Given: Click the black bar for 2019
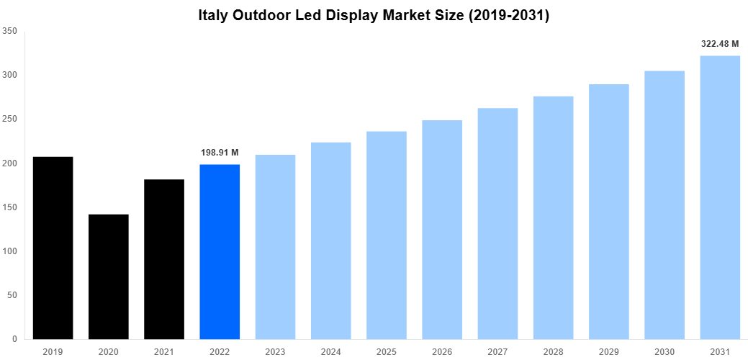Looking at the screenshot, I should click(x=53, y=248).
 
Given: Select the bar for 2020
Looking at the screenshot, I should click(x=108, y=276).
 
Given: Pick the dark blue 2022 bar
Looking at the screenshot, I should click(x=220, y=252).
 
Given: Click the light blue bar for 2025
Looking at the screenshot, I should click(x=387, y=235).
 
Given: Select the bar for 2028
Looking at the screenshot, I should click(x=553, y=217).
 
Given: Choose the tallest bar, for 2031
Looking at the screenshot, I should click(x=720, y=197).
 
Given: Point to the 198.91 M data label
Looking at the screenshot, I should click(x=220, y=153).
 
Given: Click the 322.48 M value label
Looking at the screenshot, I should click(x=720, y=44).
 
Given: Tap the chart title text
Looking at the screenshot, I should click(x=374, y=15).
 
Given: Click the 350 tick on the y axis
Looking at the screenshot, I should click(x=10, y=31).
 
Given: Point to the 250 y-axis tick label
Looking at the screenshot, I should click(x=10, y=119).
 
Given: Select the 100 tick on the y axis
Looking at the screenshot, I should click(x=10, y=251).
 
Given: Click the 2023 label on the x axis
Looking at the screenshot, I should click(x=275, y=351).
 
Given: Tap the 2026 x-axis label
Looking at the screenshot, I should click(x=442, y=351).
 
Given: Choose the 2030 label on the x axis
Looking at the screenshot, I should click(x=664, y=351).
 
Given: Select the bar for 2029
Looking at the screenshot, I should click(x=609, y=212).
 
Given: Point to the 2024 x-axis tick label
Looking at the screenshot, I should click(x=331, y=351).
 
